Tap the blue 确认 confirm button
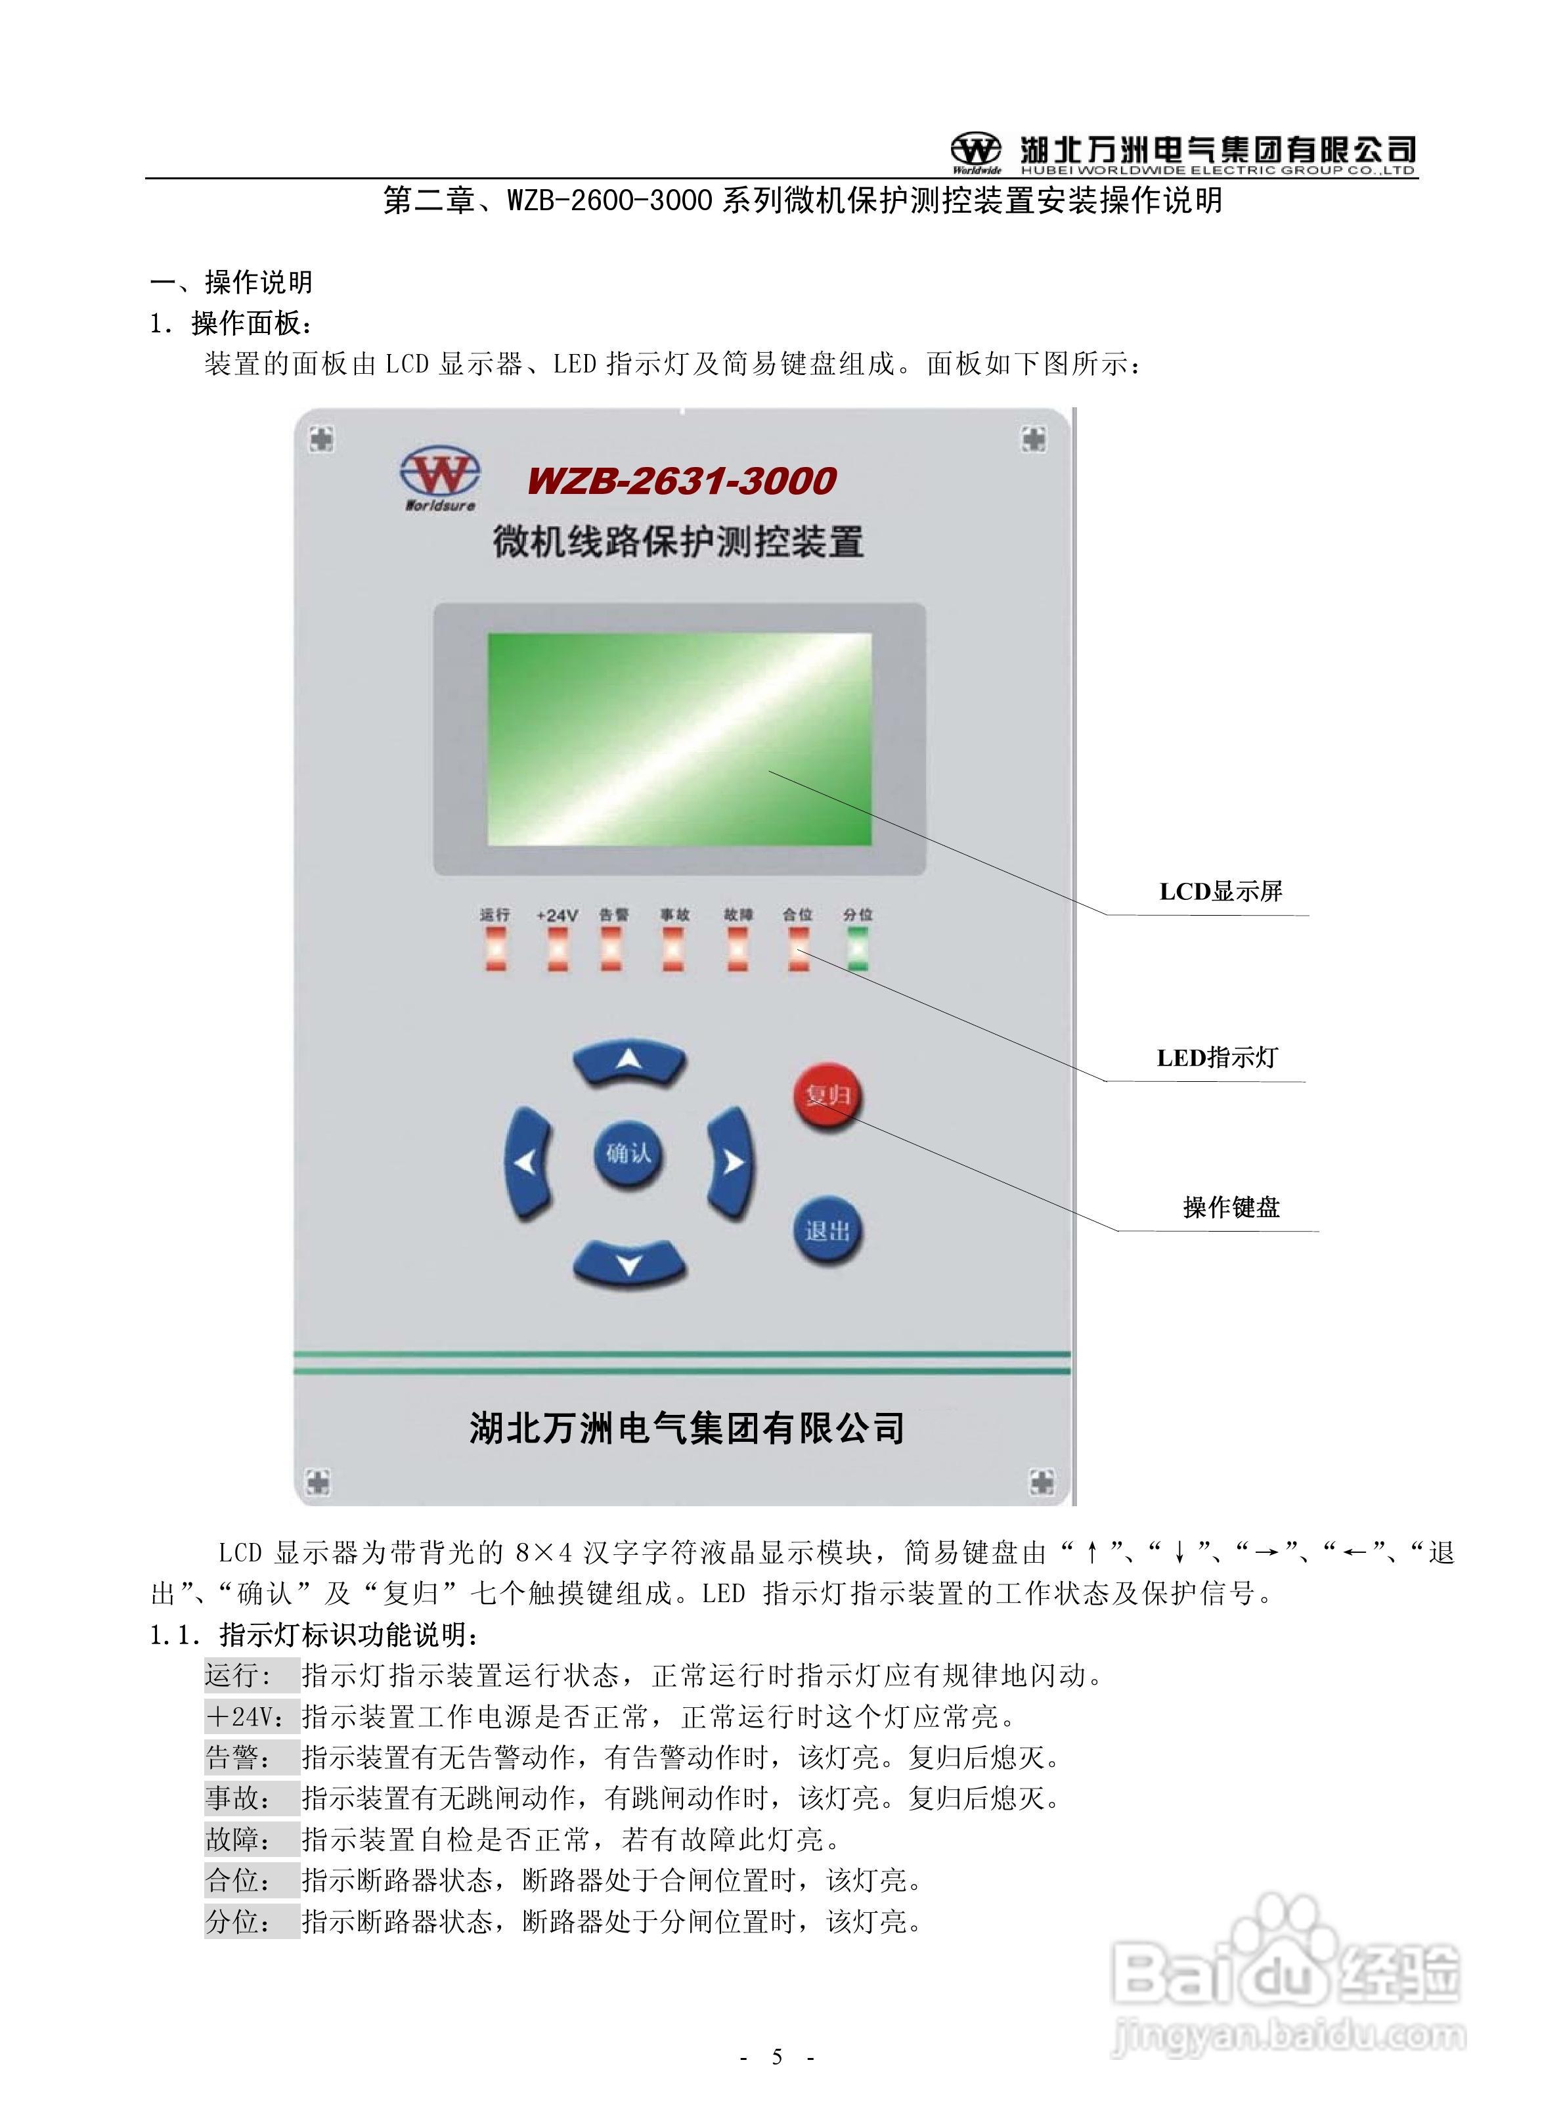tap(628, 1153)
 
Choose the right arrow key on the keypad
tap(732, 1162)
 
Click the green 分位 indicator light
tap(858, 948)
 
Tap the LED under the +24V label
tap(558, 948)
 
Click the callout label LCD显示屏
tap(1220, 891)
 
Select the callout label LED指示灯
tap(1217, 1058)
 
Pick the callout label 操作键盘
tap(1231, 1207)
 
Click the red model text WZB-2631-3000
tap(681, 481)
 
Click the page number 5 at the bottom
tap(778, 2056)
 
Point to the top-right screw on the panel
tap(1034, 438)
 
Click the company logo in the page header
tap(975, 151)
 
